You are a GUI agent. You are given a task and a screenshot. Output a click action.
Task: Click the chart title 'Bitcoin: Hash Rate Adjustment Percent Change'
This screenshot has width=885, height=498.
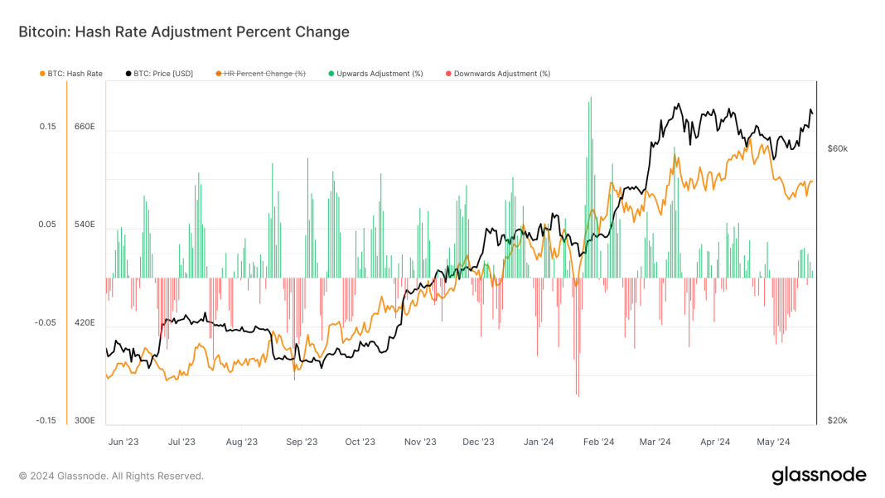click(184, 32)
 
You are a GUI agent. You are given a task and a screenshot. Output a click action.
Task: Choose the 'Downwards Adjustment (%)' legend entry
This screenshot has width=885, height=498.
click(501, 74)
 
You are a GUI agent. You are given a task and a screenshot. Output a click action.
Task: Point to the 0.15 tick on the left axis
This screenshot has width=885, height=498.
click(46, 127)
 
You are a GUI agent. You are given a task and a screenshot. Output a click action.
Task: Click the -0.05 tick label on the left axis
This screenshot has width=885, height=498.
click(45, 323)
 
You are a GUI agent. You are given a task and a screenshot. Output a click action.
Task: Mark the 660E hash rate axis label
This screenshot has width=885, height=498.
click(85, 127)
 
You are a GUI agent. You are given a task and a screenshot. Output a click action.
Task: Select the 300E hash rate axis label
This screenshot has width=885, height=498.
click(85, 421)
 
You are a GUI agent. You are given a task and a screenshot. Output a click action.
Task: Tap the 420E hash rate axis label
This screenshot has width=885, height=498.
click(85, 323)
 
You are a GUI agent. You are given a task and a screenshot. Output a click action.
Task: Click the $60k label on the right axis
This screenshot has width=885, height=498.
click(837, 148)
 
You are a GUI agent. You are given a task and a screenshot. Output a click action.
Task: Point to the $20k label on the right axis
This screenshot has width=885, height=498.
click(837, 421)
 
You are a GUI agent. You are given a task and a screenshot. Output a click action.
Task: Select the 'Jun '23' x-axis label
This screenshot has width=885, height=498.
click(123, 442)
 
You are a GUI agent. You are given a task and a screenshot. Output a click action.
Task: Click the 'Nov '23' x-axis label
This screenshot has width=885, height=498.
click(420, 442)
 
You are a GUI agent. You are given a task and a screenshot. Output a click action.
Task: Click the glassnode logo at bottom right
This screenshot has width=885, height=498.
click(819, 475)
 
